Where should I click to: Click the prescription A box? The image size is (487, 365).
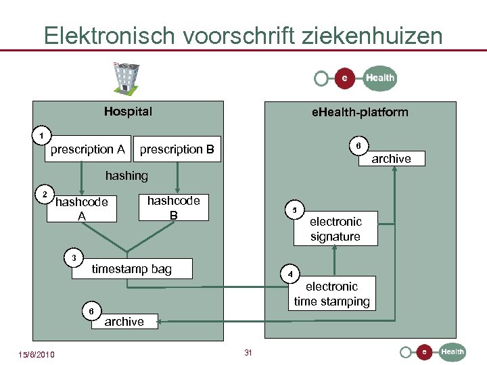point(88,149)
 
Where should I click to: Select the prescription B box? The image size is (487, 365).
point(177,149)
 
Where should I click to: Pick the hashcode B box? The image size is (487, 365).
point(174,208)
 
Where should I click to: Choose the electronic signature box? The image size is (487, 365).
point(335,229)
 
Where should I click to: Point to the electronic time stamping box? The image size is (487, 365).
point(332,294)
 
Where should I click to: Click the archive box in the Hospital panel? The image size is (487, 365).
point(124,322)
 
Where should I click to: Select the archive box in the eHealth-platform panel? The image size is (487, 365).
point(391,159)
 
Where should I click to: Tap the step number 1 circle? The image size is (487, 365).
point(42,135)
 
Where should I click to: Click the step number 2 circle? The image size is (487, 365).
point(45,195)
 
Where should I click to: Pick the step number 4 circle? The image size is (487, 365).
point(289,274)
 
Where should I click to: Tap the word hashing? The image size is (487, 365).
point(126,176)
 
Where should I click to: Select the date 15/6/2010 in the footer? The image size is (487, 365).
point(37,355)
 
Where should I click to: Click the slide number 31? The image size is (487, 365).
point(248,352)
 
